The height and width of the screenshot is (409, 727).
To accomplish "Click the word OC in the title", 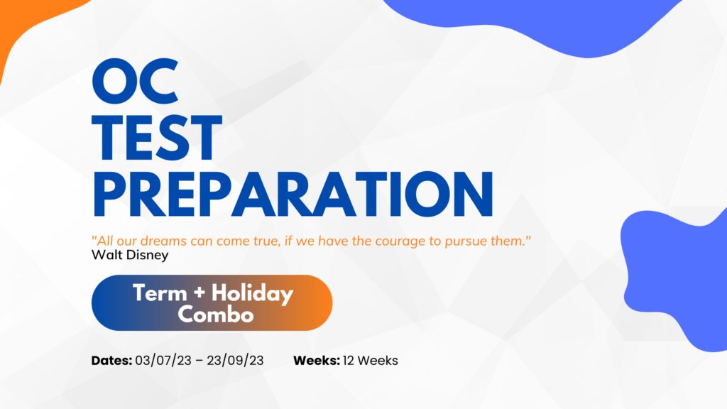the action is [x=135, y=81].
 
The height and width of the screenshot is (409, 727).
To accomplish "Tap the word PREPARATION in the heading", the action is [x=293, y=195].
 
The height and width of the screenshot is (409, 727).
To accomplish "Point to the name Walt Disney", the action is [x=130, y=255].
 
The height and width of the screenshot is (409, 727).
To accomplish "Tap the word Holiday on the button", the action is [x=253, y=294].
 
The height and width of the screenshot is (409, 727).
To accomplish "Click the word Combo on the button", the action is [x=216, y=315].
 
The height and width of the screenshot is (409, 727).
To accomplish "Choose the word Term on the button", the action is [x=160, y=293].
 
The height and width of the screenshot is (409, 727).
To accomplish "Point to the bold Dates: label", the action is [x=111, y=361].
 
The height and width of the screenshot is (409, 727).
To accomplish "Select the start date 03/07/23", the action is [x=163, y=361].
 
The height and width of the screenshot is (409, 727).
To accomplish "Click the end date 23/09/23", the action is [x=235, y=361].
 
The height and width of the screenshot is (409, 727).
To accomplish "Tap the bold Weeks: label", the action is [x=317, y=361].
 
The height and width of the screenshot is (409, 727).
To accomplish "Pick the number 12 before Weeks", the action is [x=349, y=361].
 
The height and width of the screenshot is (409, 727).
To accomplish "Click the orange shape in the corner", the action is [x=28, y=23].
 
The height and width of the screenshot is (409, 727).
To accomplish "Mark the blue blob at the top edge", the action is [x=533, y=21].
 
